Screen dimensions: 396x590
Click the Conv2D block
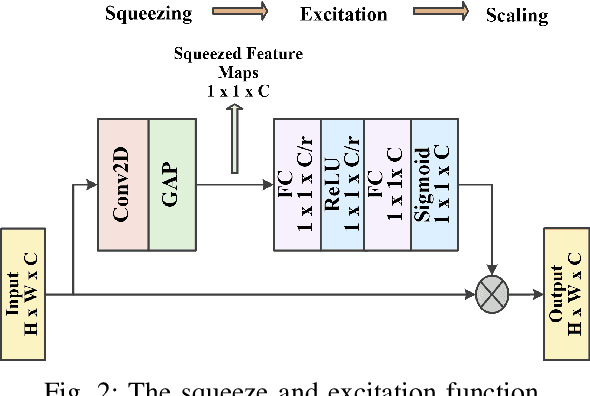click(123, 184)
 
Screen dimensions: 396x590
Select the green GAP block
click(172, 184)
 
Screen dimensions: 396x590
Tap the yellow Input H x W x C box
click(26, 294)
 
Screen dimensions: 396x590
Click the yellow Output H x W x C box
click(565, 294)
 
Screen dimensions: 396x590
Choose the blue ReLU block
click(342, 184)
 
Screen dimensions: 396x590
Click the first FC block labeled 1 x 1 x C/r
click(296, 184)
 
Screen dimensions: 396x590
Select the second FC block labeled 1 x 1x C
click(388, 184)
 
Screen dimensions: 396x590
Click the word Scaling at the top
click(516, 16)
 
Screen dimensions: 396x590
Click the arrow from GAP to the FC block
click(234, 185)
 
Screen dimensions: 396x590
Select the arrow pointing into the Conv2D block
click(85, 185)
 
